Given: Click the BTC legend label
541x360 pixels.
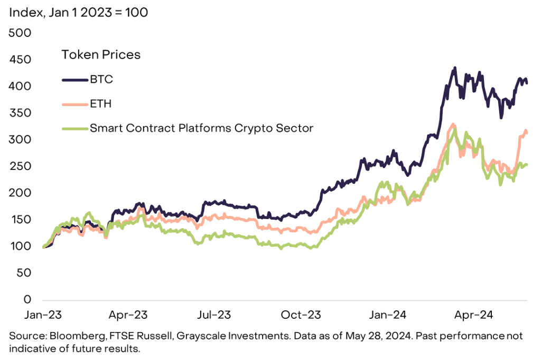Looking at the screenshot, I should pos(101,79).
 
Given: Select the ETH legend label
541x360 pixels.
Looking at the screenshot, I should pos(100,103).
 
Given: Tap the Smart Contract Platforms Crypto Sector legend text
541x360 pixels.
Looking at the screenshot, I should pos(201,128).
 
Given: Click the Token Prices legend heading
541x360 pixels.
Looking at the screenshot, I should pos(101,54).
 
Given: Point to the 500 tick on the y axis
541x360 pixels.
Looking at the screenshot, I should pos(21,33).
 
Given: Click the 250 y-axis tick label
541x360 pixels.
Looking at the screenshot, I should pos(21,166).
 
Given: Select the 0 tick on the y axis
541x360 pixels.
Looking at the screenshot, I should pos(27,299).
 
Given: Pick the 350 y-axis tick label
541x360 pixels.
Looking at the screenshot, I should pos(21,113).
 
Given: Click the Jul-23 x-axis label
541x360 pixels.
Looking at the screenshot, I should pos(214,315).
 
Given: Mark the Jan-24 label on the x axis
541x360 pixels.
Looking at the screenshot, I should pos(388,315).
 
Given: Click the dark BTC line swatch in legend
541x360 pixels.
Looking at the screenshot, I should pos(75,79).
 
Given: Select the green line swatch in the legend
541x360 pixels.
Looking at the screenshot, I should pos(75,128).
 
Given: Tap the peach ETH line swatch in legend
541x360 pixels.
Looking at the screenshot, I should pos(75,104).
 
